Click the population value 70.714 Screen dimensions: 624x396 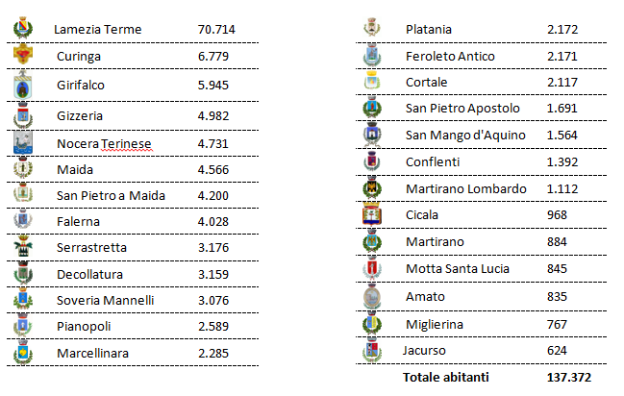point(216,30)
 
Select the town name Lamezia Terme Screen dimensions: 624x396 point(98,30)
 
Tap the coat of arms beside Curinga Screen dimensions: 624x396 point(23,54)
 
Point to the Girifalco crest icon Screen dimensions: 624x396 point(23,85)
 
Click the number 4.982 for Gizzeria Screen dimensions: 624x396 point(213,115)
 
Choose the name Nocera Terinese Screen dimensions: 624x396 point(104,143)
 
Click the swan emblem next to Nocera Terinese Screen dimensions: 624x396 point(23,143)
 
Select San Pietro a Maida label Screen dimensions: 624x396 point(111,195)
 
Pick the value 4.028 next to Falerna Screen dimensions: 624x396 point(213,221)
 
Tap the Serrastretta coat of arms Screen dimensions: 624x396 point(23,247)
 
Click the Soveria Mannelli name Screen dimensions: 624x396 point(106,300)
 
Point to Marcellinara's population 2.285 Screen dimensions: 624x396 point(213,353)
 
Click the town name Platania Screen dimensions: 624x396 point(429,30)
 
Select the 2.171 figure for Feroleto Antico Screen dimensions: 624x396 point(562,56)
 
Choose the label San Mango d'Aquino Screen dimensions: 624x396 point(465,135)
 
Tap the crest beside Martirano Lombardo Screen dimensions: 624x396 point(372,188)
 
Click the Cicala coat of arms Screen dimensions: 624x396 point(372,215)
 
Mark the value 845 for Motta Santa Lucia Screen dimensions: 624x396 point(557,268)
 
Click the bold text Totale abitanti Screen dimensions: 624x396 point(446,377)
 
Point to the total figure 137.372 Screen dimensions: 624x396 point(569,377)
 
